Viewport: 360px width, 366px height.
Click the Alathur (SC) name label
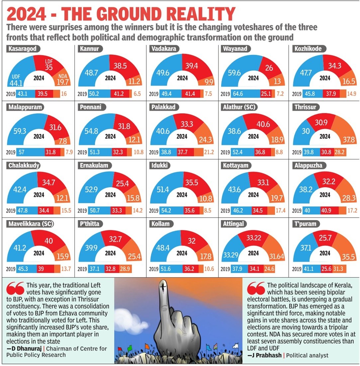pos(239,107)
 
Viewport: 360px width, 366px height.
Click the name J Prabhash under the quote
pos(264,355)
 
